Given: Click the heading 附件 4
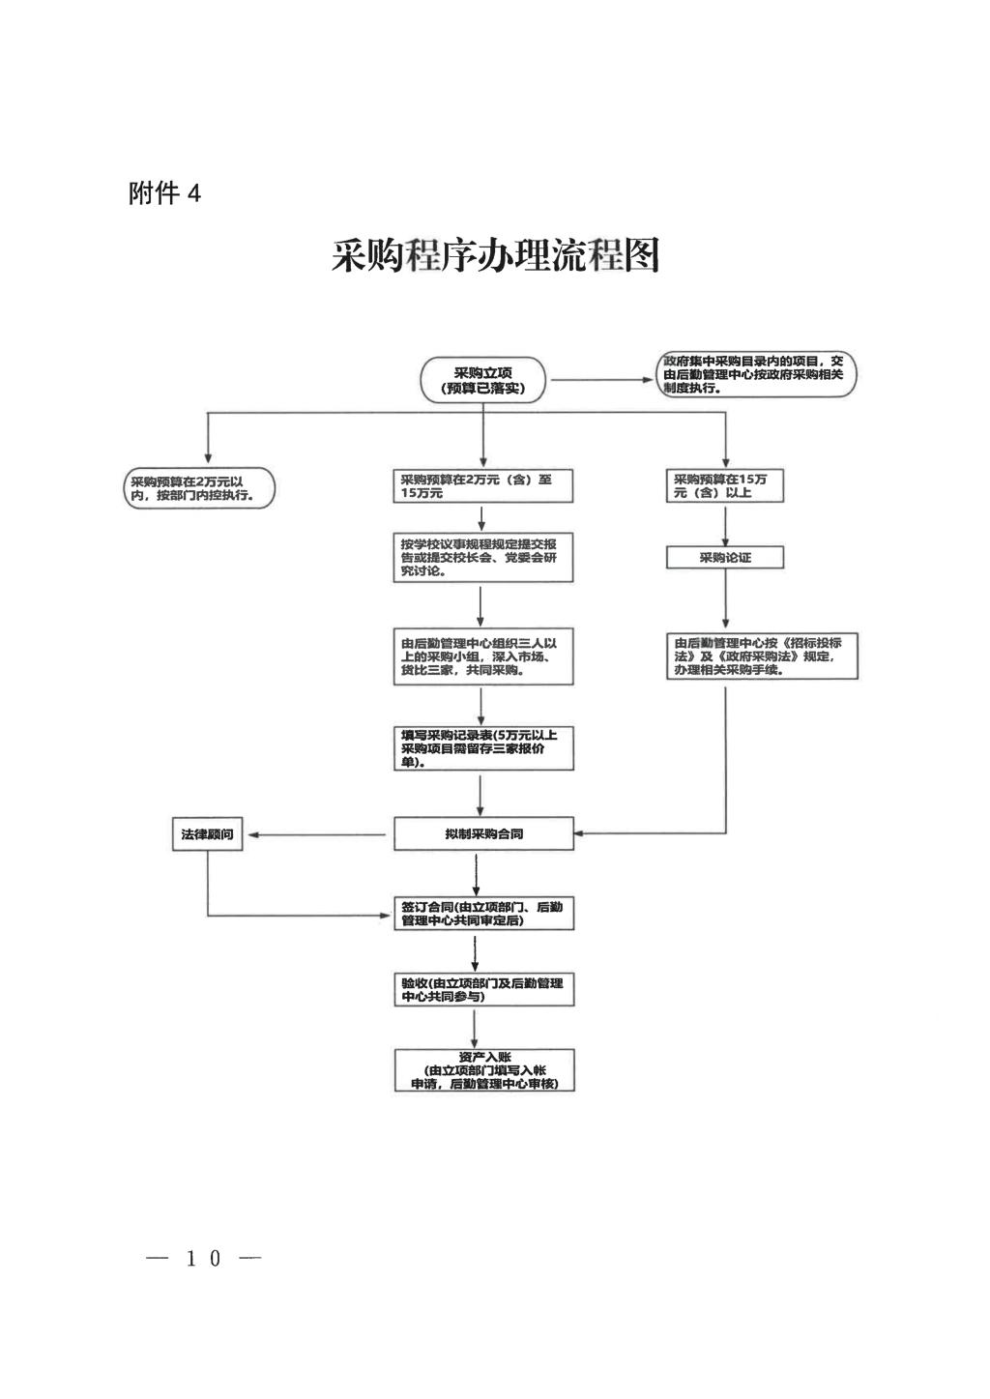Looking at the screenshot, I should click(164, 193).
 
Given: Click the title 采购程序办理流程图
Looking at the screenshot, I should click(495, 256).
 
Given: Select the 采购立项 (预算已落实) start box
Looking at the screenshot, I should click(483, 380).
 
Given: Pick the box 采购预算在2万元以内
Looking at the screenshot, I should click(200, 488).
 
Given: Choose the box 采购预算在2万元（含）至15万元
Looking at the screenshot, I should click(483, 486).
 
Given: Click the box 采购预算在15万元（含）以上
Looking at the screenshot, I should click(725, 486).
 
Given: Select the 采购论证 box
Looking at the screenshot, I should click(725, 558).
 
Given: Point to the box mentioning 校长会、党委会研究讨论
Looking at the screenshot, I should click(483, 558).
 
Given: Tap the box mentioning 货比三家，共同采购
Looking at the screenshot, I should click(483, 657).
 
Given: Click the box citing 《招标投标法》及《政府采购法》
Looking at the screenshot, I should click(762, 656).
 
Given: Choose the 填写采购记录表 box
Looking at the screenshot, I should click(483, 748).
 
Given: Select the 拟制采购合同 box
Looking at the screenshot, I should click(483, 833).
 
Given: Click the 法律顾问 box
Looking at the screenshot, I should click(207, 834).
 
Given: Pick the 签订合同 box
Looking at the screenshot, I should click(483, 914).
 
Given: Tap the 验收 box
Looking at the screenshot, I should click(483, 989).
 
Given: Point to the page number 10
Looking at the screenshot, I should click(204, 1258).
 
